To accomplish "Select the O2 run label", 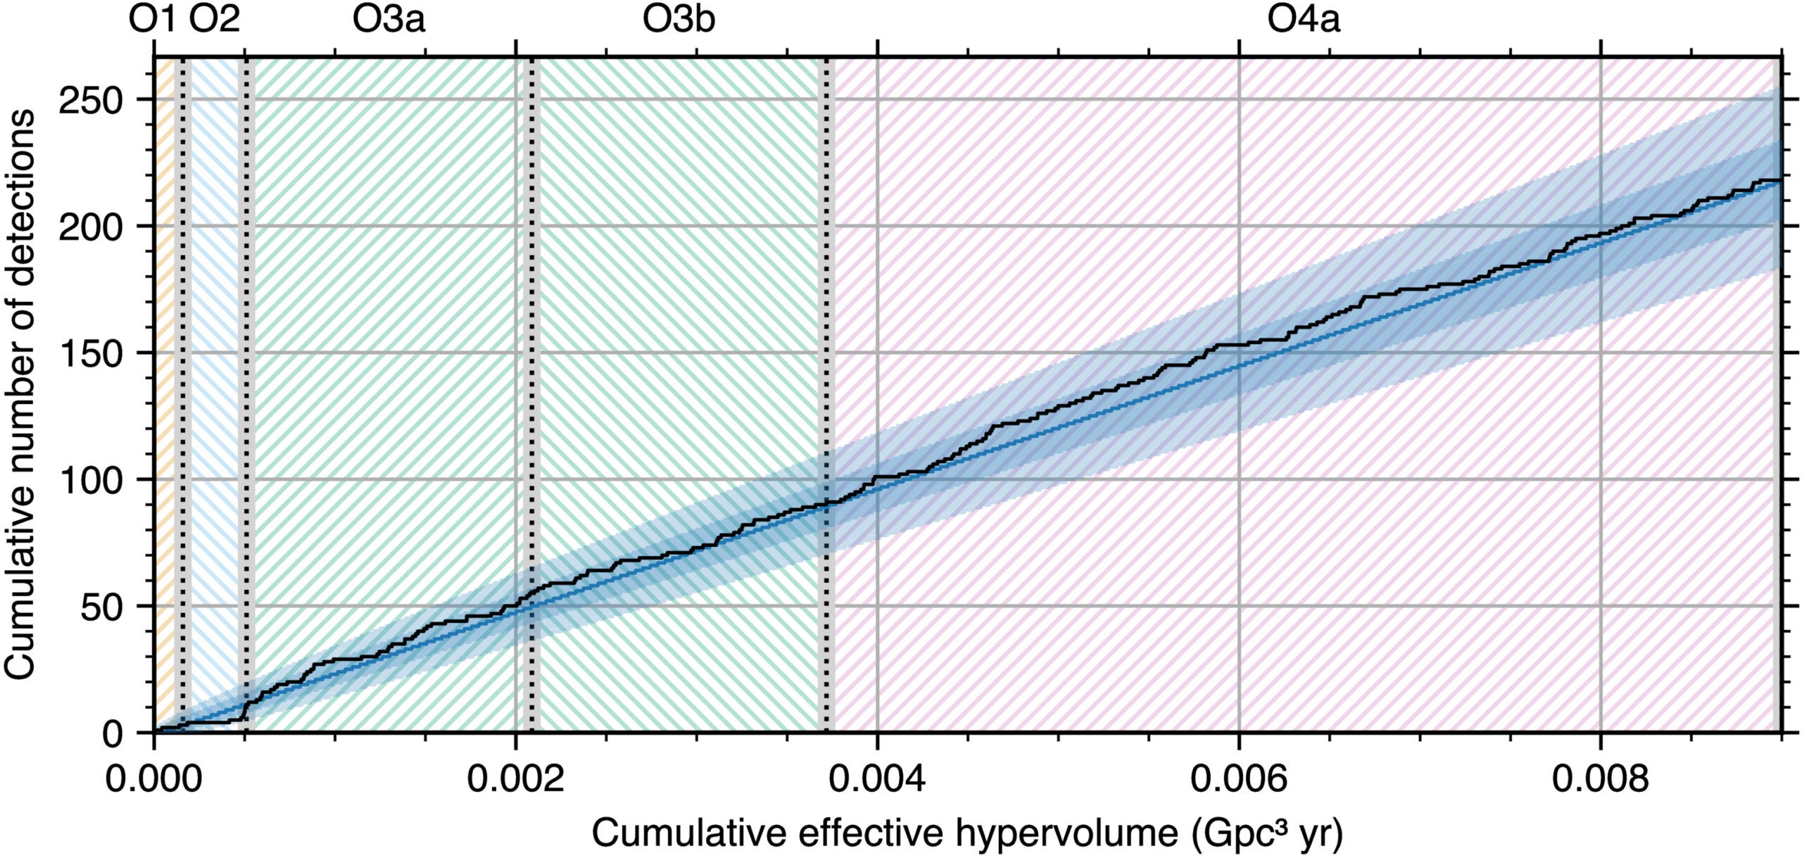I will [x=215, y=20].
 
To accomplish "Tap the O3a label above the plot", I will [x=389, y=20].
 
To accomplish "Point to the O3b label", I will [x=679, y=20].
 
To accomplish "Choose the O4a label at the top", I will [x=1303, y=20].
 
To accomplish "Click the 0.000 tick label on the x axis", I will [x=153, y=779].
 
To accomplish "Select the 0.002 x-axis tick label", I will [x=515, y=779].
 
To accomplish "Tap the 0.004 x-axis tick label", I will [x=877, y=779].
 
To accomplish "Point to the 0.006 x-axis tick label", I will [x=1239, y=779].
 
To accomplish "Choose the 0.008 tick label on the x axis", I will [x=1601, y=779].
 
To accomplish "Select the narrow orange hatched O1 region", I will [x=165, y=352].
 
